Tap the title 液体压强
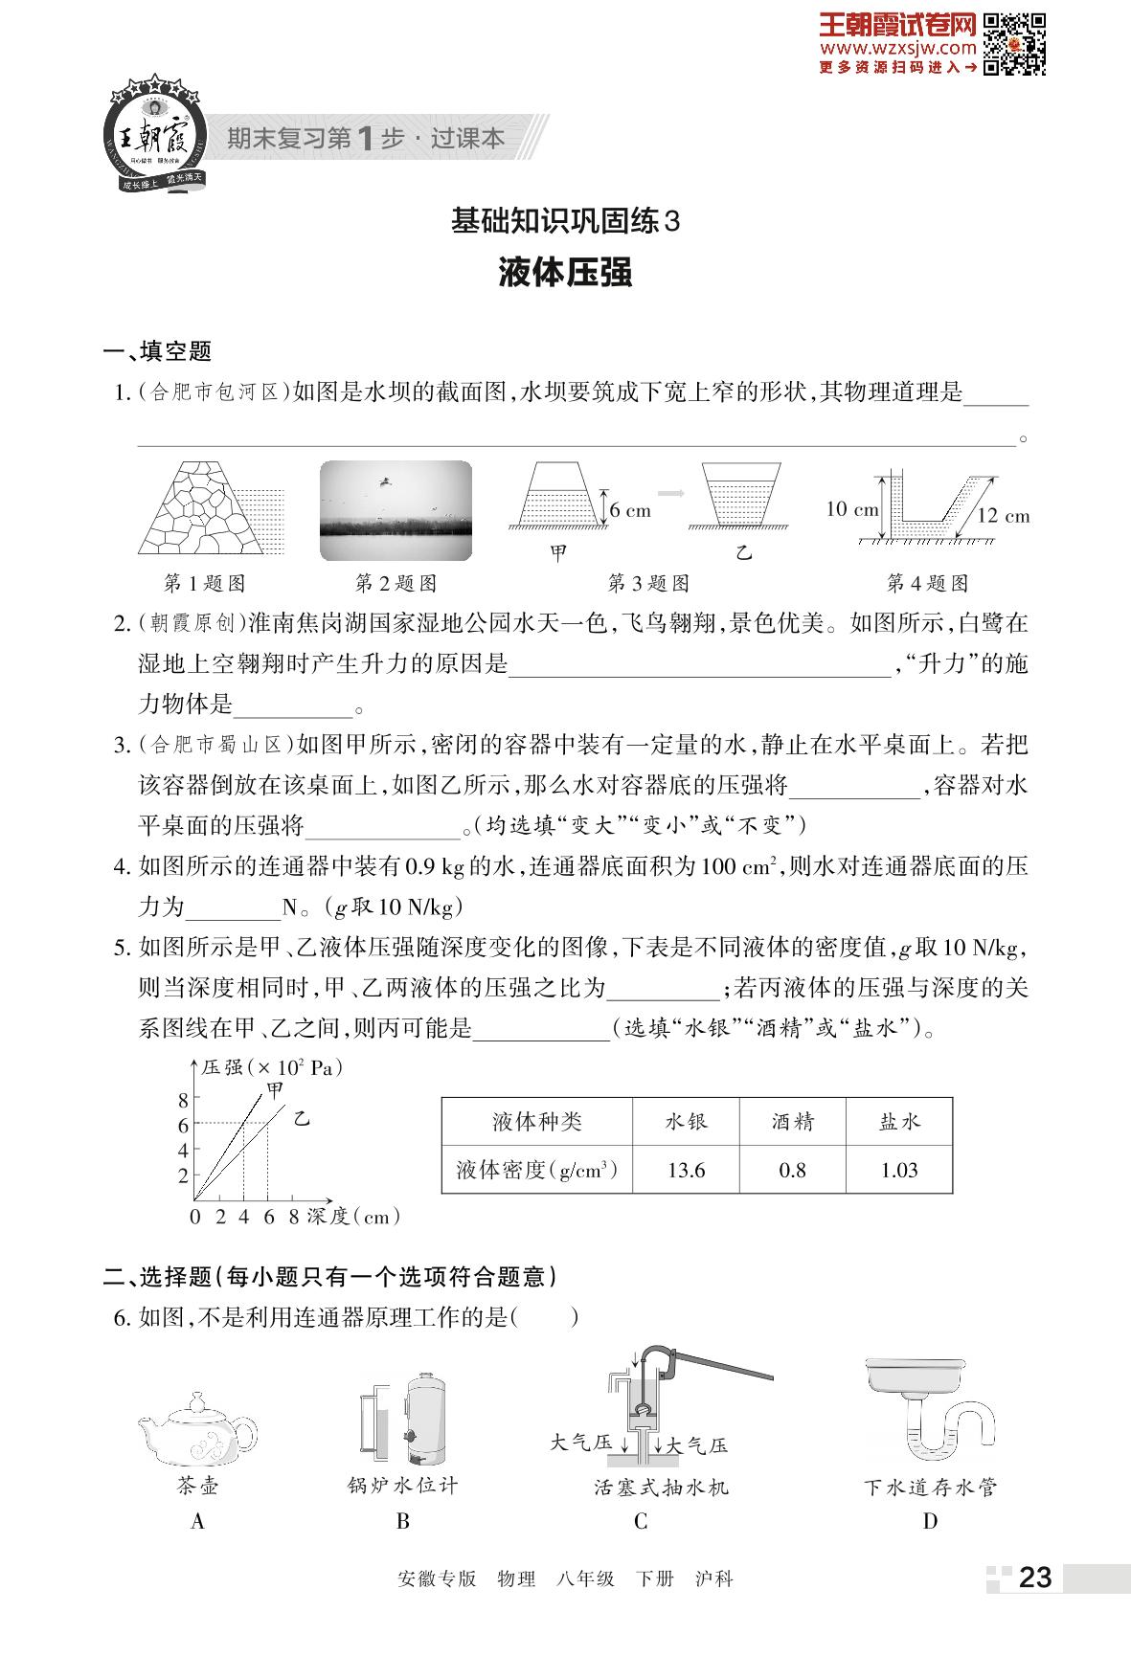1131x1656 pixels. (565, 274)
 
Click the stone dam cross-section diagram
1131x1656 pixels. (204, 507)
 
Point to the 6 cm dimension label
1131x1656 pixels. (630, 510)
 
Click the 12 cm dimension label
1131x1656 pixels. (1003, 516)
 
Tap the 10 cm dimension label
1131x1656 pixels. (851, 508)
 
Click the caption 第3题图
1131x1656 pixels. (648, 583)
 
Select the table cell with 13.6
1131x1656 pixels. (686, 1170)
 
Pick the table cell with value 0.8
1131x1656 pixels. (792, 1170)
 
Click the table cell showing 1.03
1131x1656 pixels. (899, 1170)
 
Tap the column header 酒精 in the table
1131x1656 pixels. (792, 1121)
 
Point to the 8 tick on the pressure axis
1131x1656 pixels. (184, 1101)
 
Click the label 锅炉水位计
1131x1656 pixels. (402, 1486)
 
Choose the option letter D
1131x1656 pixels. (929, 1521)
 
